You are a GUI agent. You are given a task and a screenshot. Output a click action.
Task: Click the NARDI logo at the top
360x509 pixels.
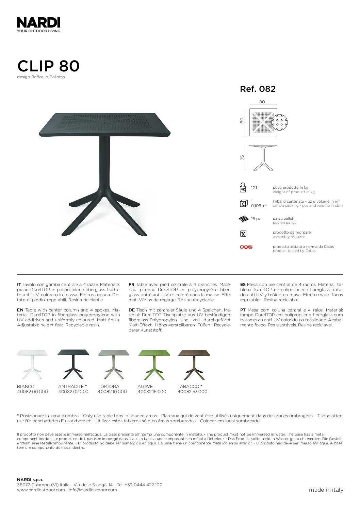(38, 23)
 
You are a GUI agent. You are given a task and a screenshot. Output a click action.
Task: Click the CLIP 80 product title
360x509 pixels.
(48, 66)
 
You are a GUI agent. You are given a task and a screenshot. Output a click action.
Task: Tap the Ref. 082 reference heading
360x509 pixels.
(258, 89)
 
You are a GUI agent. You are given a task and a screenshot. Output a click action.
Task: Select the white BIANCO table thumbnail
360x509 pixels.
(33, 363)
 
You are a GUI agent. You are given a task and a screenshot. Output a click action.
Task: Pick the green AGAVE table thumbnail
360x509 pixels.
(154, 363)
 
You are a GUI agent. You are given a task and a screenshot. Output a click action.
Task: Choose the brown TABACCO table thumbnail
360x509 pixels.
(194, 363)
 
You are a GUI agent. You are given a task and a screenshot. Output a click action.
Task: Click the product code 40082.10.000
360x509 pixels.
(112, 392)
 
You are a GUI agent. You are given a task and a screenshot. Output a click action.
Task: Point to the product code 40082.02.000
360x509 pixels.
(73, 392)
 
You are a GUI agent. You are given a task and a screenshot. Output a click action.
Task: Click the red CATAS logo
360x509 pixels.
(246, 247)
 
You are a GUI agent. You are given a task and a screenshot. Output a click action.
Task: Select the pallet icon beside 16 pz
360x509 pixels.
(244, 219)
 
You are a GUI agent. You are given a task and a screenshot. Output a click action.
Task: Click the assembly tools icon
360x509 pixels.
(243, 234)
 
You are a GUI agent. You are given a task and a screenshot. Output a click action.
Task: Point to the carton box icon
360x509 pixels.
(243, 203)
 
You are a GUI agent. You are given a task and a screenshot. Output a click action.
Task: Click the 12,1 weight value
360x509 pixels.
(254, 188)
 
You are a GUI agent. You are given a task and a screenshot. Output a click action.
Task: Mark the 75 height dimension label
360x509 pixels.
(242, 158)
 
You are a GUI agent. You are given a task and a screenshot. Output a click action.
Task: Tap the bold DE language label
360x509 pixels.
(132, 310)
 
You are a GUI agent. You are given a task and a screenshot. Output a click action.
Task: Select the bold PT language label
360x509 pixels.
(243, 310)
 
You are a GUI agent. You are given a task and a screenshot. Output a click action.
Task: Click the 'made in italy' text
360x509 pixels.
(326, 490)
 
